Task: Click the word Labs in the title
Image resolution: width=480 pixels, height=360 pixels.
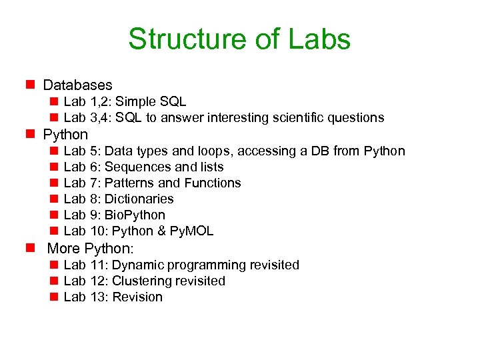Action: click(320, 39)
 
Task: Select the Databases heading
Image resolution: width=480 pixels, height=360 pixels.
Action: click(77, 85)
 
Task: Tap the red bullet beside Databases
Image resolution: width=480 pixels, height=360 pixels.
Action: click(30, 85)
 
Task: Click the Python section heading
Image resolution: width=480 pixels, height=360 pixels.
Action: click(65, 135)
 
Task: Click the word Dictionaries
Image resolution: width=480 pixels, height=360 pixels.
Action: click(139, 199)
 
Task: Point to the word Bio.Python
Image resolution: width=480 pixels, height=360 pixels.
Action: click(135, 215)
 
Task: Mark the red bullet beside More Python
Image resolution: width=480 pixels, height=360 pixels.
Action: click(30, 249)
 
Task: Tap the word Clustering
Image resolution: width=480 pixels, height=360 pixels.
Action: click(141, 281)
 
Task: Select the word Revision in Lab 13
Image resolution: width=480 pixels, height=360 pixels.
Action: click(137, 297)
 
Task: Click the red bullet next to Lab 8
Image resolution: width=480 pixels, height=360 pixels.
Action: click(53, 199)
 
